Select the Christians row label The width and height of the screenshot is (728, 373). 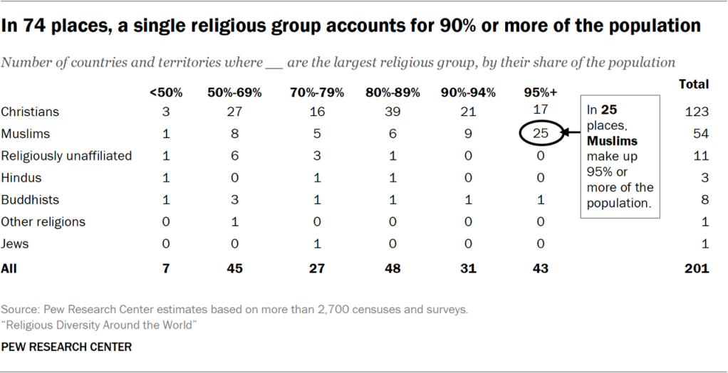30,112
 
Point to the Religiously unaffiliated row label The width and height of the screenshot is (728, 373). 66,156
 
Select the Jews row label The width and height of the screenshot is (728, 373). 16,244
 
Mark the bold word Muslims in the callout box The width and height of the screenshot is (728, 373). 612,141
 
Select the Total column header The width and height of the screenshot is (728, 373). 694,84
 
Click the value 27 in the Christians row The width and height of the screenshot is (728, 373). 234,112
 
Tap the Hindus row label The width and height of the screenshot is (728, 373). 21,178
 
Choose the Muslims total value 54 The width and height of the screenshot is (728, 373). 702,134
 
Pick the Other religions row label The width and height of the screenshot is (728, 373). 43,222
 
